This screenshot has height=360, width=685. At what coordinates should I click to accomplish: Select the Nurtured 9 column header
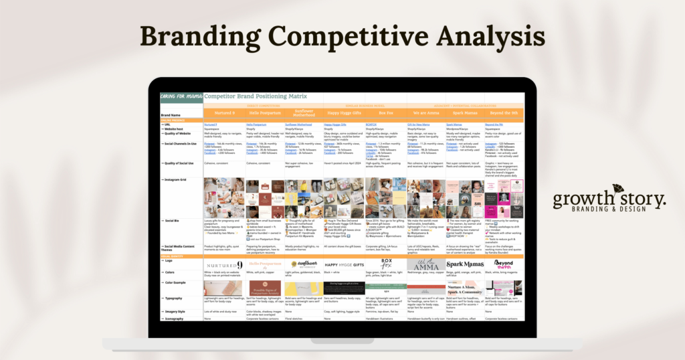224,113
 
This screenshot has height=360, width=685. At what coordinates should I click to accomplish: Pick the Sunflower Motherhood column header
304,113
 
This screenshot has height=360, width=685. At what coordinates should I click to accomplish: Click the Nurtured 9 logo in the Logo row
223,265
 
